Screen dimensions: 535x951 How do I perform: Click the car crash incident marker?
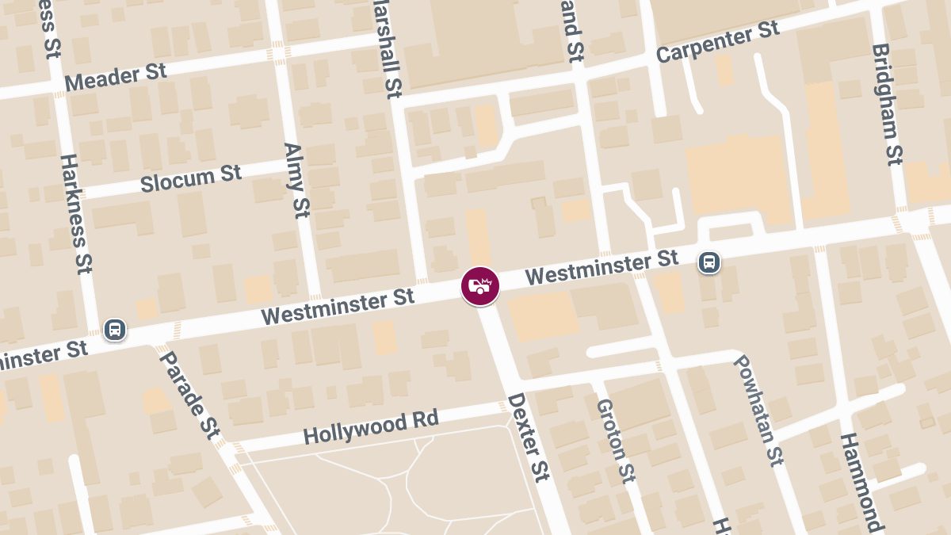point(480,286)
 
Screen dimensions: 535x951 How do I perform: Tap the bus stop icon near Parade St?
point(115,329)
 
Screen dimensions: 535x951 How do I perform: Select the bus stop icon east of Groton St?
point(708,262)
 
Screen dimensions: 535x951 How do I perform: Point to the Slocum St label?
point(190,178)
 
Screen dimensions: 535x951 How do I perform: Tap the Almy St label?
point(296,180)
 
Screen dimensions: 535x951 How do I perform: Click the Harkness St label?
point(77,213)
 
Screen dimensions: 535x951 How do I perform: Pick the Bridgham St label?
point(888,104)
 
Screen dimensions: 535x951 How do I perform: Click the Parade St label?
point(189,394)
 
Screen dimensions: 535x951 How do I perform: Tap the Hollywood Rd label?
point(370,428)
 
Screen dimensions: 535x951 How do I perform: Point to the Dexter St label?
point(528,437)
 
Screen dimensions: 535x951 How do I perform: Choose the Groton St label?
point(616,440)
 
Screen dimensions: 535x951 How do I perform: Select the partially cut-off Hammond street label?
point(861,482)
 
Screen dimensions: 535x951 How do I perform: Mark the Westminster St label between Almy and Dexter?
point(338,307)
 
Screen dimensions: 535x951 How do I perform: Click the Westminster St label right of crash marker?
point(602,267)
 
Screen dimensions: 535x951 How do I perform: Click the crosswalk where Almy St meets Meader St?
point(279,53)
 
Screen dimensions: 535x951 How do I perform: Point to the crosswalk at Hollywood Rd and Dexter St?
point(502,407)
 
